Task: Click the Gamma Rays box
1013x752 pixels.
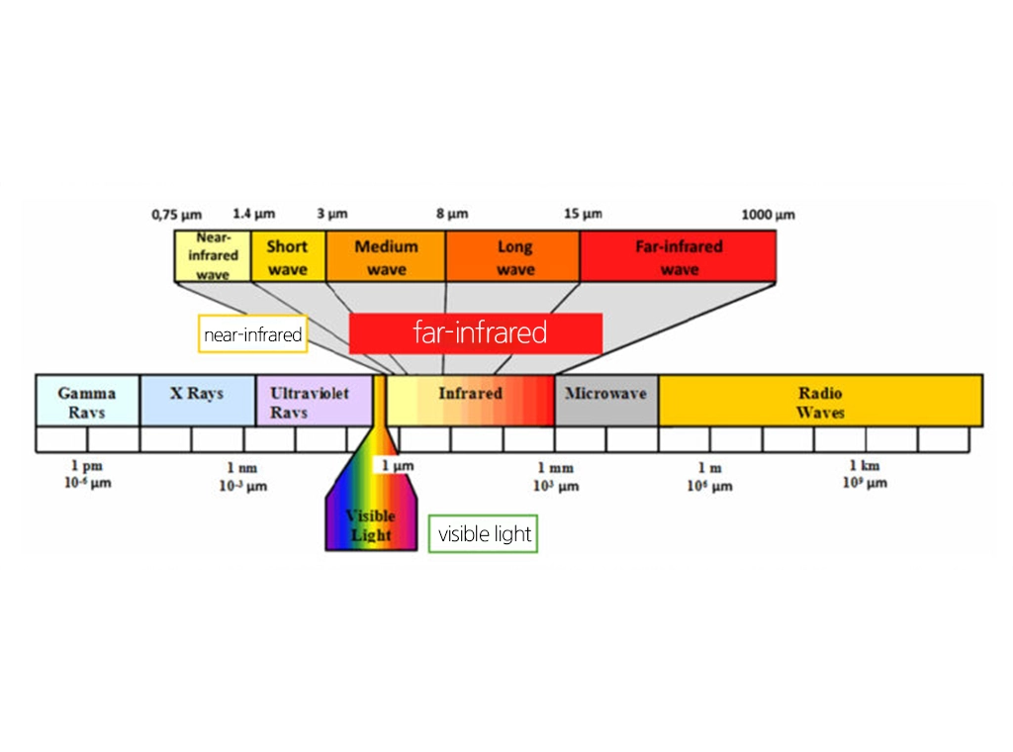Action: coord(87,401)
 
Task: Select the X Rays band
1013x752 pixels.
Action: coord(197,401)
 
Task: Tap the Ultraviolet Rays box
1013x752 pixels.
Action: coord(311,401)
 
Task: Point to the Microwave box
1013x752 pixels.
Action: coord(605,400)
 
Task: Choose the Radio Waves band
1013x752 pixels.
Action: coord(820,401)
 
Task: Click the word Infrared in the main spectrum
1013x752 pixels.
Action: coord(470,394)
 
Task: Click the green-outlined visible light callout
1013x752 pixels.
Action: coord(484,534)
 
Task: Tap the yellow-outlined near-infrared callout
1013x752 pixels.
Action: coord(252,334)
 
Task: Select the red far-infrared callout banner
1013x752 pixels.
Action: coord(476,332)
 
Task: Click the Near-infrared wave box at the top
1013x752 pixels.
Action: coord(213,256)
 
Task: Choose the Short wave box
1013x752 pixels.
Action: coord(287,256)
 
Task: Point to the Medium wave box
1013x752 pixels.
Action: coord(386,256)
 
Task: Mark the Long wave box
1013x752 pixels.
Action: coord(513,256)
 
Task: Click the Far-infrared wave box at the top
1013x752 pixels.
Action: coord(679,256)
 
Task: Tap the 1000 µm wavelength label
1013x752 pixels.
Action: coord(769,215)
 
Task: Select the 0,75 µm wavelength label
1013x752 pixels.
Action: coord(176,215)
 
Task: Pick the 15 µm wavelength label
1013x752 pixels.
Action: coord(583,215)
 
